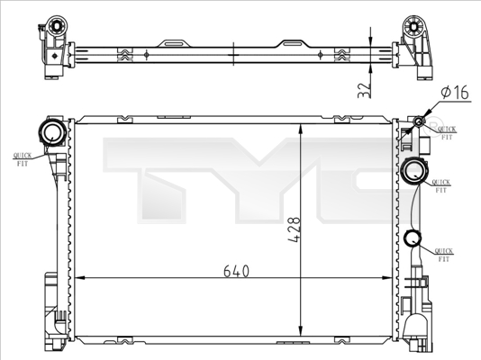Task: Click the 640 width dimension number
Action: [231, 269]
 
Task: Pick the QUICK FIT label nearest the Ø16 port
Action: [446, 132]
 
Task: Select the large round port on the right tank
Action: [415, 169]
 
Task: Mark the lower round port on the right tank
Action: [413, 238]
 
